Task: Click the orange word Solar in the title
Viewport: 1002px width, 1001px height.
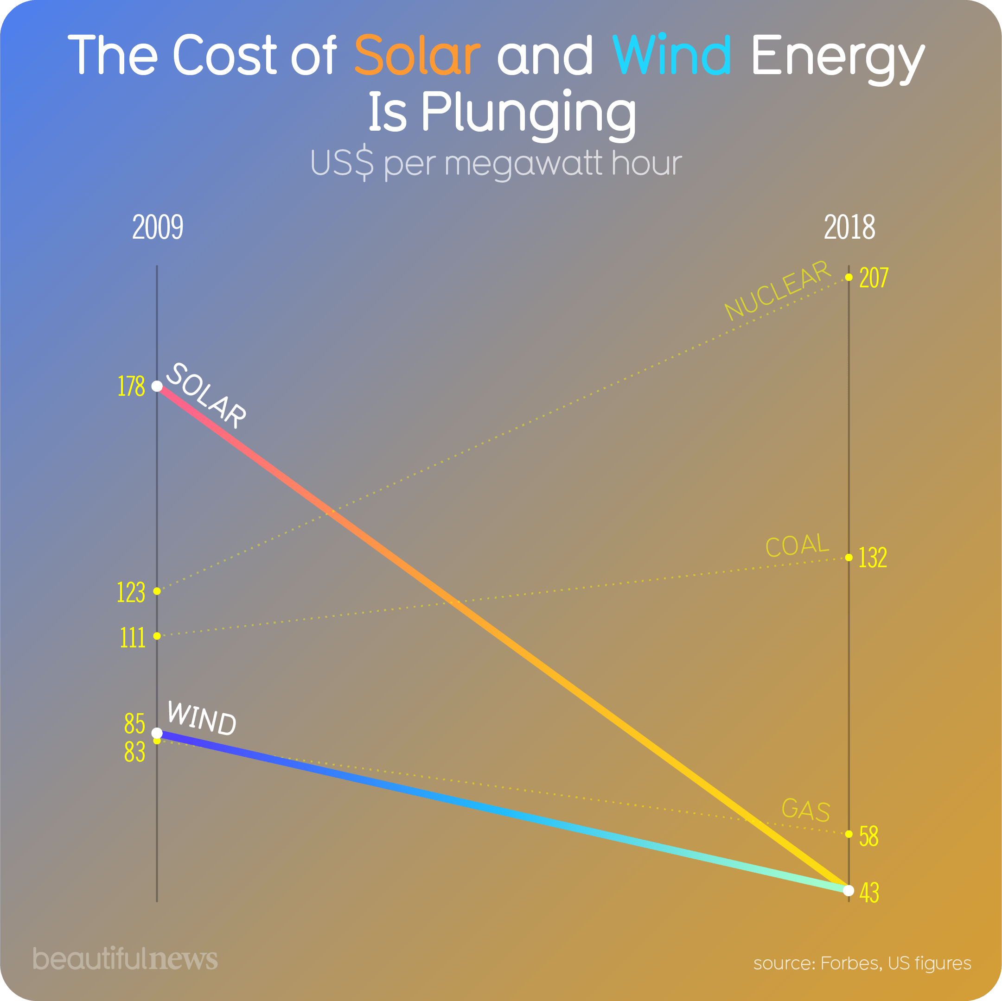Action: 417,54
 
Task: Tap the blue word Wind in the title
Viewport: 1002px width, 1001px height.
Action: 671,54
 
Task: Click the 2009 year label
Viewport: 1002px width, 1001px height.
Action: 158,228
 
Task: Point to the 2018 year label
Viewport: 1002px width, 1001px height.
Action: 849,228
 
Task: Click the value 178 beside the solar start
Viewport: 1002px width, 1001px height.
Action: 131,386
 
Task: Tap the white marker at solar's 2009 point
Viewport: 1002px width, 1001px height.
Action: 157,386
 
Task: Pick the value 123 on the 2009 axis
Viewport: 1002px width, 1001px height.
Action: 131,592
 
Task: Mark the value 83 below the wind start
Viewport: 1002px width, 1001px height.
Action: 134,752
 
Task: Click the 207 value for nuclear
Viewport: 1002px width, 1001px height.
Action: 874,278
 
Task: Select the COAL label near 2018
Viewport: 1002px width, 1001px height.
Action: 797,545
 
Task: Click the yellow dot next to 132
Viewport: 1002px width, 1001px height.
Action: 849,558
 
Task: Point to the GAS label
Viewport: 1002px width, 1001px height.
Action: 805,810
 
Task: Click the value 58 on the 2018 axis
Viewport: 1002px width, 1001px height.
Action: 869,836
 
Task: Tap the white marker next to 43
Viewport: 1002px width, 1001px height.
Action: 849,891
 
